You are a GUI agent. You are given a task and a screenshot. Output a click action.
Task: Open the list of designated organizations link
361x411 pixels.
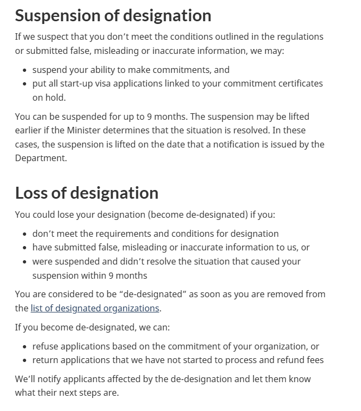click(95, 308)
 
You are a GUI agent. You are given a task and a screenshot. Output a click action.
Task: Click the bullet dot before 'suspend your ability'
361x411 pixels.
click(25, 70)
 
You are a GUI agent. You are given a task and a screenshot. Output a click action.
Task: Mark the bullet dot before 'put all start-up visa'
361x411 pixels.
click(25, 84)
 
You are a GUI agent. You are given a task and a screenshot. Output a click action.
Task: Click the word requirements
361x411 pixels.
click(121, 234)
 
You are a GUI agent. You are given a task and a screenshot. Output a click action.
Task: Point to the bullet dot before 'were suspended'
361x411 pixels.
click(25, 262)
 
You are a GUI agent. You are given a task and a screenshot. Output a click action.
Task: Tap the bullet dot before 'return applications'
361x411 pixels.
click(25, 360)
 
